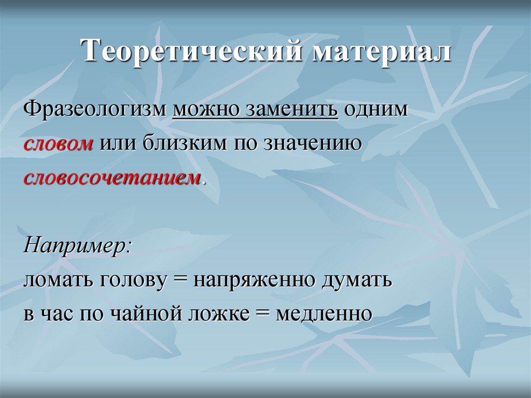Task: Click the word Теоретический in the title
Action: (189, 54)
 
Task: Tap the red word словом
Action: (58, 143)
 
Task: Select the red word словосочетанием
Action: (112, 177)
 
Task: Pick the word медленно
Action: (324, 314)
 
